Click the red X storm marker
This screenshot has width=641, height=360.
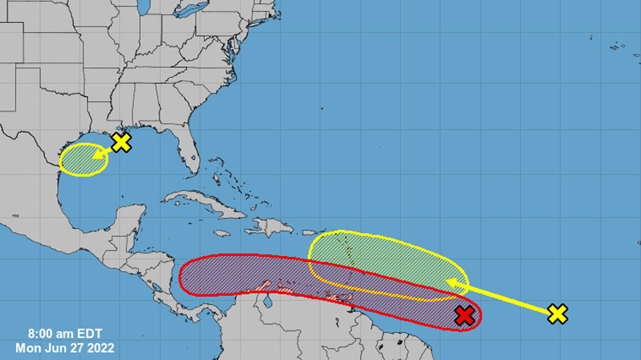465,315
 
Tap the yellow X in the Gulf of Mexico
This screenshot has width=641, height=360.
121,142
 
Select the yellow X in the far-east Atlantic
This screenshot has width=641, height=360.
558,313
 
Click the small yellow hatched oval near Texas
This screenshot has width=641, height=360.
83,160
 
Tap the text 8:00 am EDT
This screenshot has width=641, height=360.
65,334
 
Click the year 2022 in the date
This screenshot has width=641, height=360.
101,348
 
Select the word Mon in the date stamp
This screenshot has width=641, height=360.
28,348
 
